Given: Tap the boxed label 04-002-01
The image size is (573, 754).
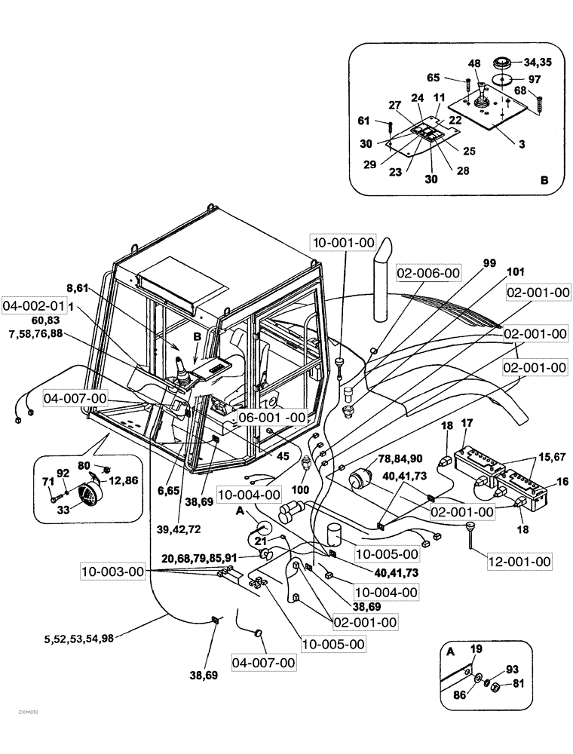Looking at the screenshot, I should [x=32, y=307].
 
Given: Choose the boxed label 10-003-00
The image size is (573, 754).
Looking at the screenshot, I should [x=112, y=573].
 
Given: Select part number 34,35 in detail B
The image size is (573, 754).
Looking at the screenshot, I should [x=538, y=63].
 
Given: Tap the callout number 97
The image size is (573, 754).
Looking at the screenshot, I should [x=534, y=79].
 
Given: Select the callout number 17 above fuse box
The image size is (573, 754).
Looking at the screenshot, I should [x=467, y=423].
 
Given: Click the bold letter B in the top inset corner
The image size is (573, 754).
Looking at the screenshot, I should [x=544, y=180].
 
